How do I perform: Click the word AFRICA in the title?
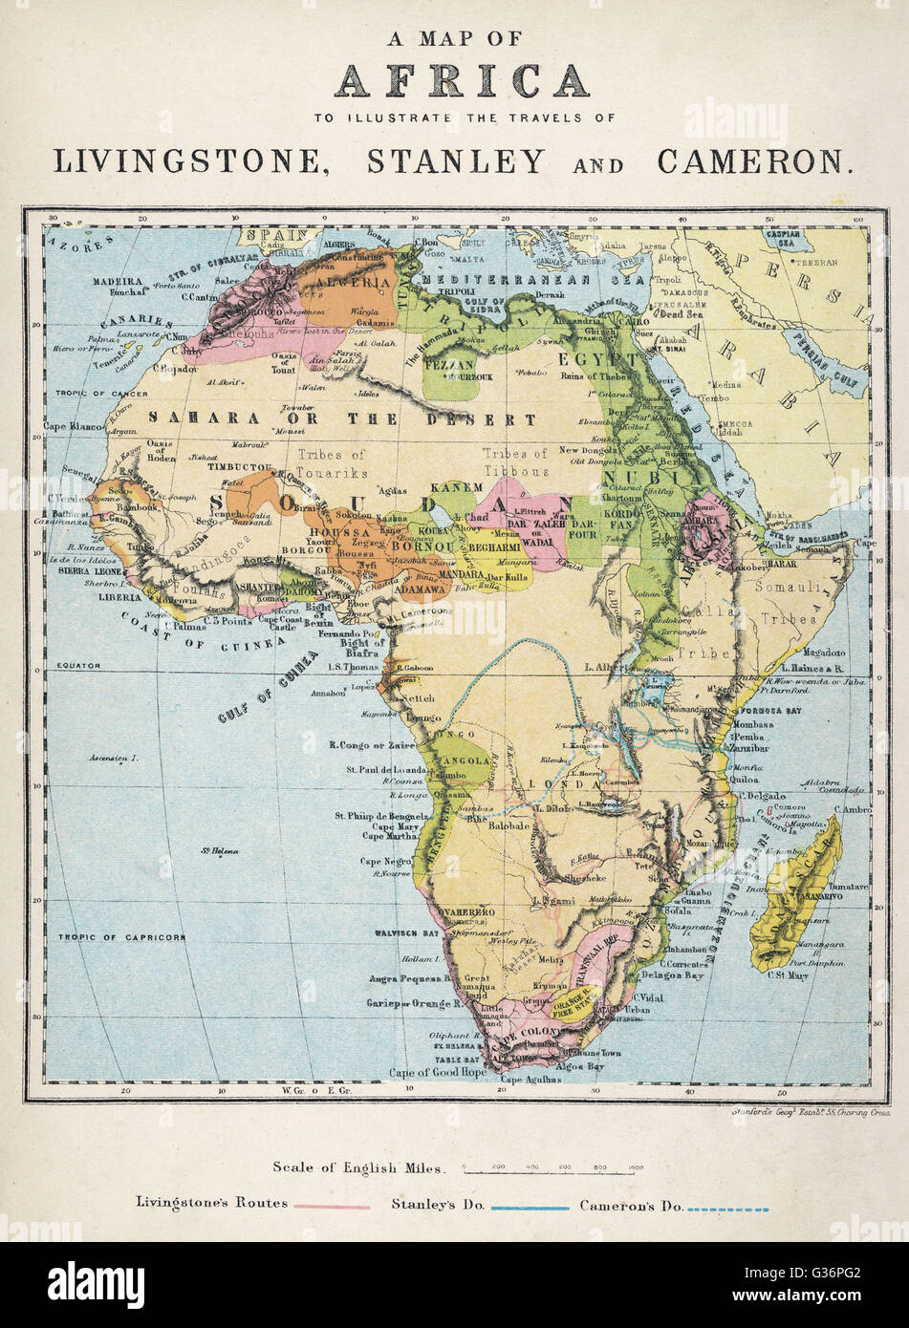pyautogui.click(x=461, y=80)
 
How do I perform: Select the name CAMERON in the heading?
pyautogui.click(x=752, y=161)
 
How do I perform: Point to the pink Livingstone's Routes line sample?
pyautogui.click(x=331, y=1207)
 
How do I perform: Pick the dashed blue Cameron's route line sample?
pyautogui.click(x=728, y=1209)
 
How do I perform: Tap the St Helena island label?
pyautogui.click(x=219, y=850)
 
